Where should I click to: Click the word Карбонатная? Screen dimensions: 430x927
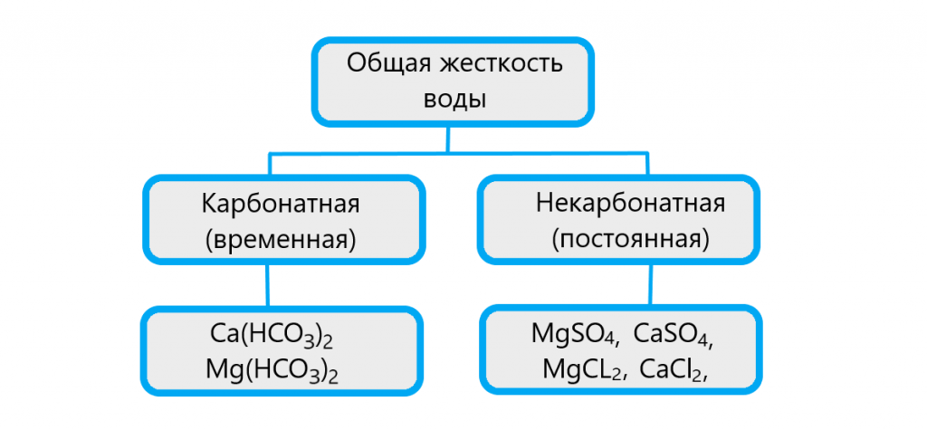[x=281, y=203]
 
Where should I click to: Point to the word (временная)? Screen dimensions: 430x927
[x=281, y=240]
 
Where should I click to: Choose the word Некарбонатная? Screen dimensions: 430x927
[x=630, y=203]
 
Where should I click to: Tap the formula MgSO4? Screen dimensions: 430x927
[x=574, y=334]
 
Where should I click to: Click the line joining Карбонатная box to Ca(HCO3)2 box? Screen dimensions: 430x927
[x=266, y=285]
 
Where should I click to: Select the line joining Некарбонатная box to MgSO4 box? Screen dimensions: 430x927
[x=649, y=283]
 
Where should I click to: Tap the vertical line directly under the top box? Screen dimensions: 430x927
[x=447, y=138]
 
